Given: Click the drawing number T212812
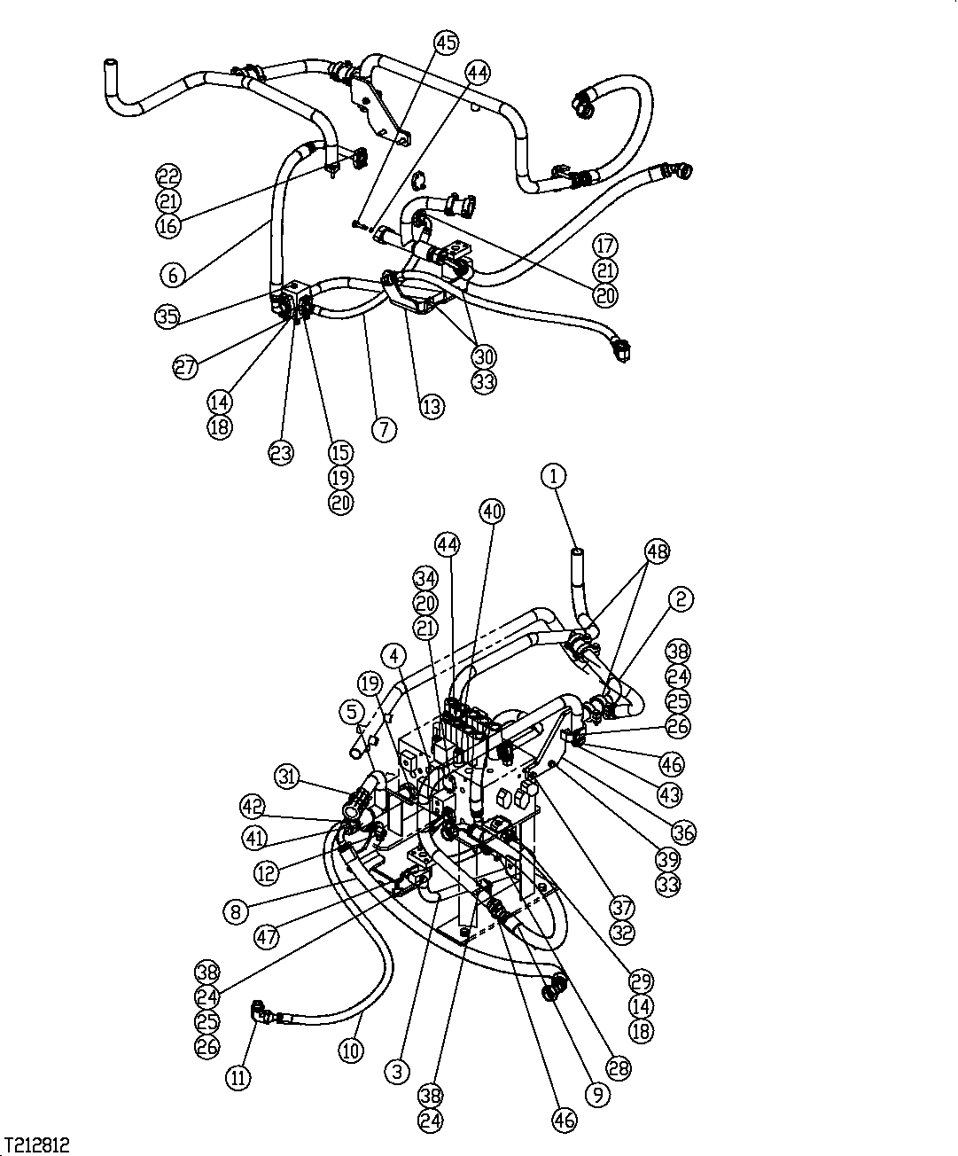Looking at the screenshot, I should (x=36, y=1144).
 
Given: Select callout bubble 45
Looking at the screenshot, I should (x=447, y=42).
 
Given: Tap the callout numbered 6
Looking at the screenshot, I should (x=173, y=276).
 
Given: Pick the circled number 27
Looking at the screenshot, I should (x=185, y=368).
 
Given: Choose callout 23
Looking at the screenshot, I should (x=281, y=452).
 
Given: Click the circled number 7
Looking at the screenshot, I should (x=384, y=430).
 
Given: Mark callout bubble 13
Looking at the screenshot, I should (x=432, y=407).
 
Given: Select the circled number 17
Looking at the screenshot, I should (x=606, y=246).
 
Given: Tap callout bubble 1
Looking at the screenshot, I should (x=553, y=476).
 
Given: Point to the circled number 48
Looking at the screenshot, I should (x=657, y=551).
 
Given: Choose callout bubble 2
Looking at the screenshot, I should (x=681, y=600).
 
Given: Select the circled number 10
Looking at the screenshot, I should (x=352, y=1051).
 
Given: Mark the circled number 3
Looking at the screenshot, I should (x=398, y=1072).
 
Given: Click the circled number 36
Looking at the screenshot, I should (x=683, y=832).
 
